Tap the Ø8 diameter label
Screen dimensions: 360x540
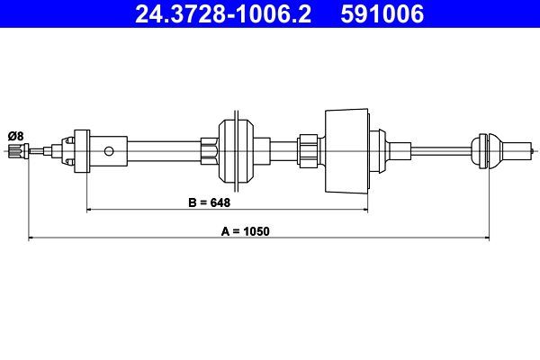click(x=15, y=135)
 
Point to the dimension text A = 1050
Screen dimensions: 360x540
click(x=246, y=230)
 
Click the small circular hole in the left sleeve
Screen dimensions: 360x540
click(x=110, y=149)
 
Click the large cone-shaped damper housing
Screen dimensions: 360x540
click(x=346, y=148)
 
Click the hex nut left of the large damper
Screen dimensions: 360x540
click(x=308, y=148)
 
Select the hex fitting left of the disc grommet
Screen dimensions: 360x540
click(x=209, y=149)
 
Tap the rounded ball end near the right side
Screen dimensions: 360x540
click(x=483, y=148)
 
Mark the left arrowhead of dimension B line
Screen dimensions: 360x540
click(x=89, y=210)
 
